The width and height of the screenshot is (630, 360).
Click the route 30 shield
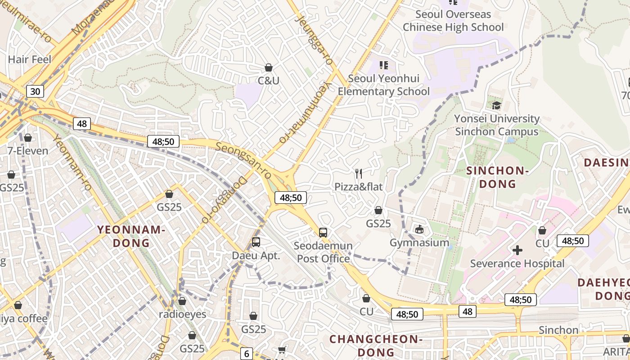[35, 92]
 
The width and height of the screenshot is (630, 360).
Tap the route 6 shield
[246, 354]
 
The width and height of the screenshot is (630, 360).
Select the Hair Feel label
[30, 59]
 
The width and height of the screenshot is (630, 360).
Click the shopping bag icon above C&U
[269, 68]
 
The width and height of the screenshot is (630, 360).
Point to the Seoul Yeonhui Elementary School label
[384, 85]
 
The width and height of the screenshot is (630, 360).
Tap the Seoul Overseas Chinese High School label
[453, 21]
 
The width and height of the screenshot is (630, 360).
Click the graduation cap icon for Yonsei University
[496, 105]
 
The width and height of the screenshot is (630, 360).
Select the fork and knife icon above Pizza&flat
[359, 173]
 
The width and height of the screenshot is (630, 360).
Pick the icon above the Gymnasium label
[419, 229]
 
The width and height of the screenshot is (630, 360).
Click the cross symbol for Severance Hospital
[517, 250]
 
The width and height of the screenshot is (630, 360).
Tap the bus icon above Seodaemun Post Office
[323, 233]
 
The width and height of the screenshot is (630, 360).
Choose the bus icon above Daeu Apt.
[256, 242]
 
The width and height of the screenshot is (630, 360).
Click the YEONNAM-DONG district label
[131, 236]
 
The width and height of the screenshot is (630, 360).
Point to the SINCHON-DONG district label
[497, 177]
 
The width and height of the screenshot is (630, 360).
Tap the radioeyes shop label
[182, 314]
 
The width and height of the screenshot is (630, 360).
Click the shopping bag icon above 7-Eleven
[28, 138]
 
